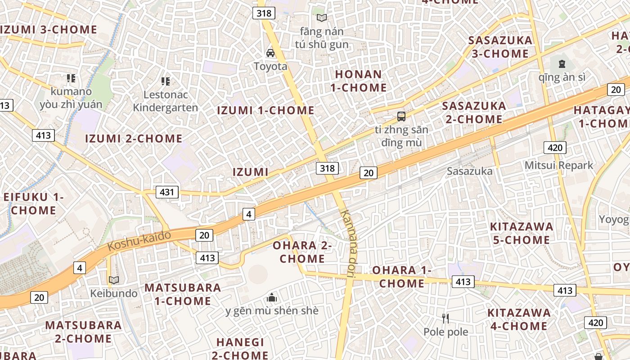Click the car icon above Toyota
[270, 53]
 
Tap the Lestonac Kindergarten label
[166, 101]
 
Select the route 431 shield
[167, 192]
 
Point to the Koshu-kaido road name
[139, 241]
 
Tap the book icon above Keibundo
[114, 280]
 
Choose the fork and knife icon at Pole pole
[445, 319]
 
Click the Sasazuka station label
[469, 171]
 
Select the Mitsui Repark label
[559, 165]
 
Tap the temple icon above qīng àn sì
[562, 64]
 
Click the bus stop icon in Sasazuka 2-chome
[401, 117]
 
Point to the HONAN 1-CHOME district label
[359, 81]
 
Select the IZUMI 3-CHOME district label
[49, 30]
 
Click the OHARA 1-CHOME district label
[401, 277]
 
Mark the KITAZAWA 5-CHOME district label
[521, 233]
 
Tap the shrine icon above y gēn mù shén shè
[272, 297]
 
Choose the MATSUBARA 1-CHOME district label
[183, 294]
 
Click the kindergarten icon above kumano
[71, 78]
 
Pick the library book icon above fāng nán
[321, 18]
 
